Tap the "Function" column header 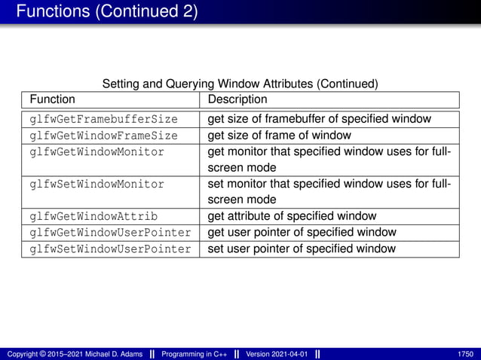point(52,99)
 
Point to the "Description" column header point(237,99)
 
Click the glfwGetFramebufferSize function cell point(103,119)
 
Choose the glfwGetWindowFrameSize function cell point(103,136)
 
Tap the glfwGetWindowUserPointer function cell point(110,232)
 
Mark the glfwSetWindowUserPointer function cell point(110,249)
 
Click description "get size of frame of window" point(279,136)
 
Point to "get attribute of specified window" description point(291,216)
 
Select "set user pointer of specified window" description point(301,249)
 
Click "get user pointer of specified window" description point(301,232)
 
